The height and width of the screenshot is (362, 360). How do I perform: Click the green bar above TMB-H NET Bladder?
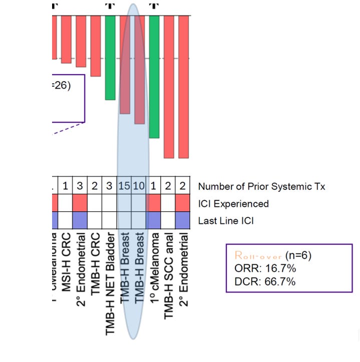[110, 58]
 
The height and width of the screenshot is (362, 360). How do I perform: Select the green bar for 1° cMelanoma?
[154, 77]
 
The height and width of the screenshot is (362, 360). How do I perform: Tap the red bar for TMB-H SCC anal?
[169, 87]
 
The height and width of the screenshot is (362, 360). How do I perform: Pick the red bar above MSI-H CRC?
[66, 39]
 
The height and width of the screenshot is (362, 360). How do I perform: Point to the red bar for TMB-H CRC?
[95, 46]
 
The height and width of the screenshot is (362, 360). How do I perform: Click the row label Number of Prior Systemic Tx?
[261, 187]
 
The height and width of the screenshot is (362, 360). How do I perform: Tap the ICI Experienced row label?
[233, 204]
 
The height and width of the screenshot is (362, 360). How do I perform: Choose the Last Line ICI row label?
[226, 220]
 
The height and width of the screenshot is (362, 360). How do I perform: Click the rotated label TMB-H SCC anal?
[169, 268]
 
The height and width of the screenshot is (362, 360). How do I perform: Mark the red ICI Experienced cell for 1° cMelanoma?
[154, 203]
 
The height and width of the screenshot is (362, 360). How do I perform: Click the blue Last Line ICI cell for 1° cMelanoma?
[154, 220]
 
